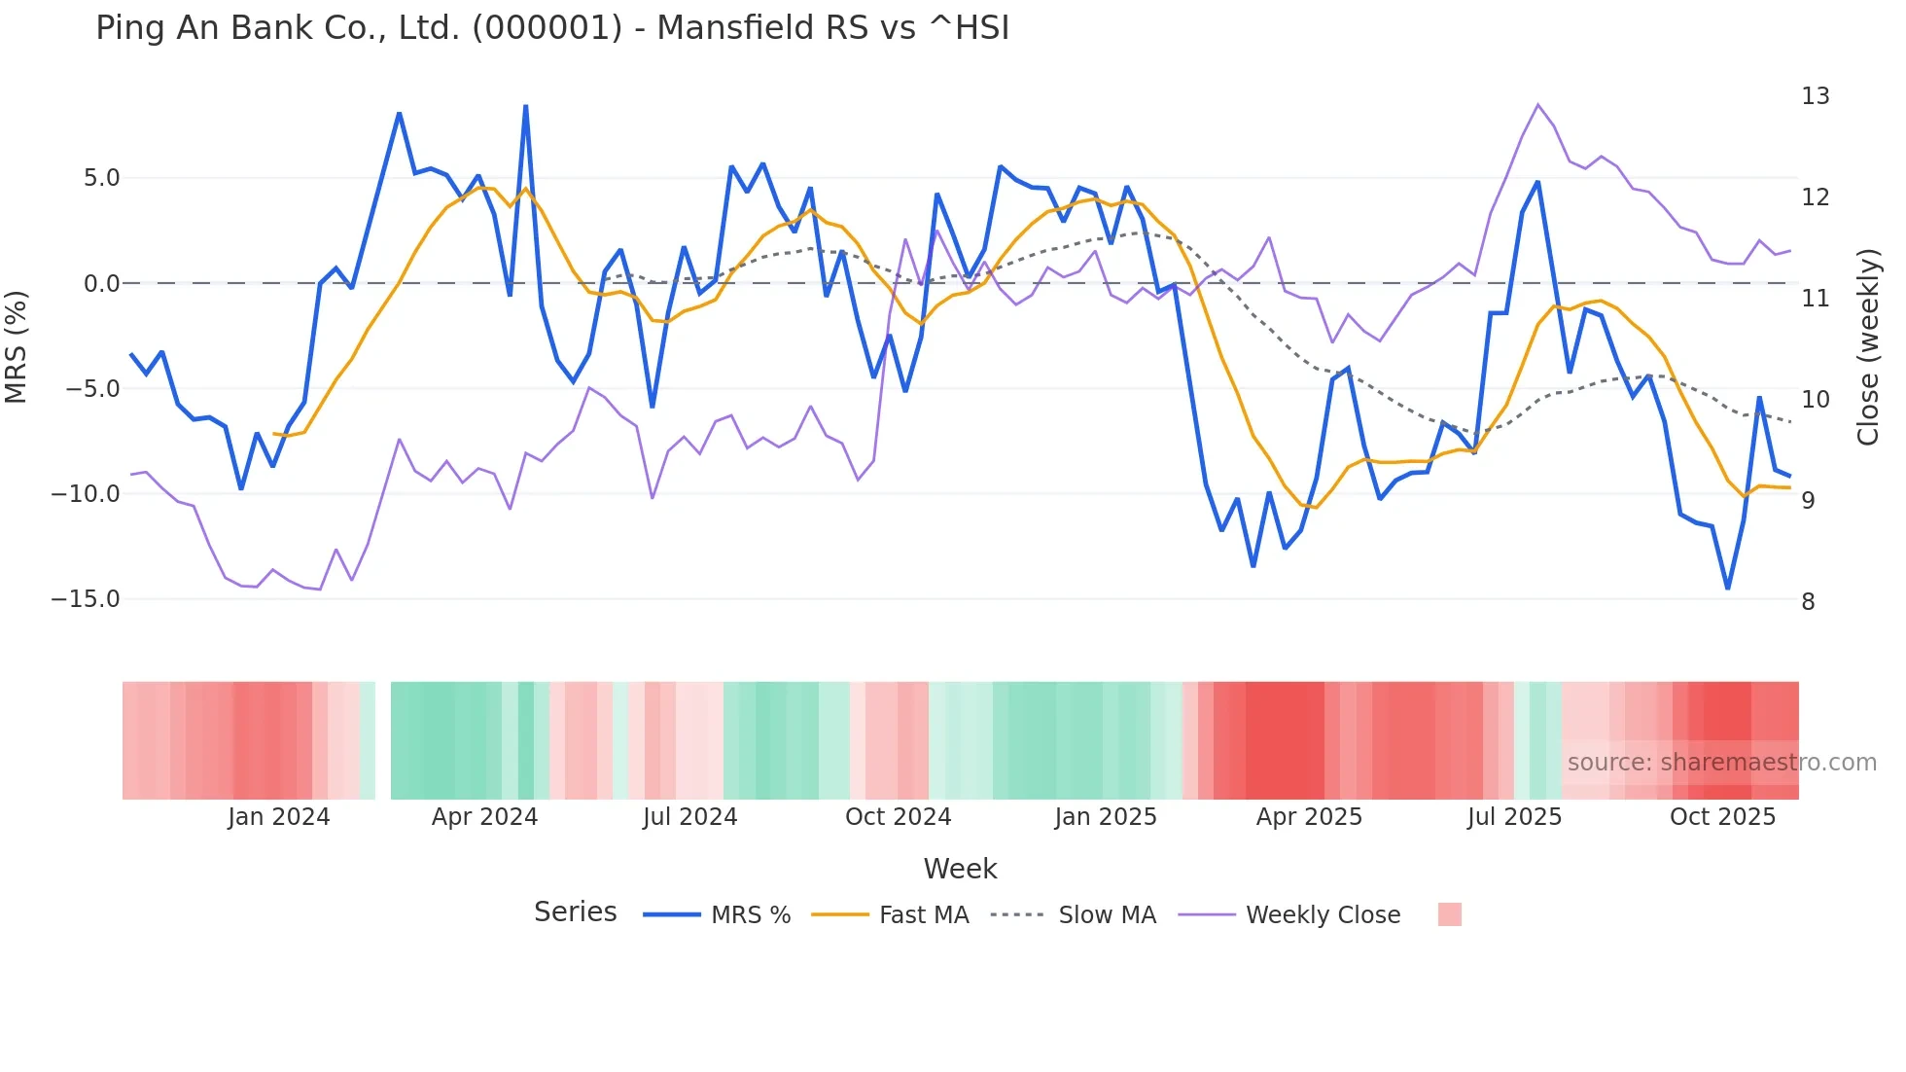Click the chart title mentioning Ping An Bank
click(x=551, y=28)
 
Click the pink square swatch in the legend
click(x=1449, y=914)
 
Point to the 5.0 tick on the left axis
click(x=101, y=178)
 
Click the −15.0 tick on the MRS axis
click(x=86, y=599)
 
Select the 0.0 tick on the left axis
click(x=101, y=284)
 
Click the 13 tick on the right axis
click(x=1815, y=96)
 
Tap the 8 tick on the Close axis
click(x=1808, y=602)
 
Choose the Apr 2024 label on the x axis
click(x=484, y=817)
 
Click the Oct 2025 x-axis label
click(x=1722, y=817)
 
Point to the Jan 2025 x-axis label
click(x=1106, y=817)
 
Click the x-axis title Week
click(x=960, y=869)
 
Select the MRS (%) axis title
click(x=17, y=346)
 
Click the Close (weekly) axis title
click(x=1867, y=347)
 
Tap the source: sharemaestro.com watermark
click(x=1721, y=763)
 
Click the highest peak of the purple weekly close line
click(x=1537, y=104)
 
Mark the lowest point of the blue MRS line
click(x=1728, y=589)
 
